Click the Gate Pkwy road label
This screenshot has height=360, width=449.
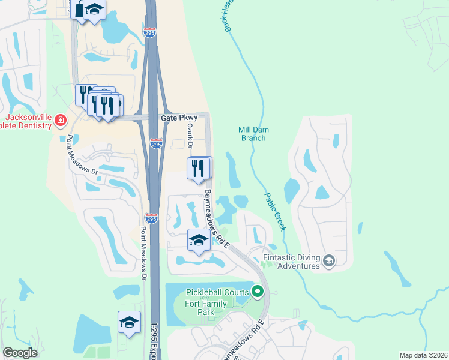click(x=179, y=118)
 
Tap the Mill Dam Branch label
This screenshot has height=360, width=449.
click(x=252, y=133)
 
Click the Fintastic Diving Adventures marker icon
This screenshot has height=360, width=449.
click(x=328, y=260)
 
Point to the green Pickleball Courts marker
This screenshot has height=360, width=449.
click(x=258, y=292)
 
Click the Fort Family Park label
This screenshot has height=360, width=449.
click(x=206, y=308)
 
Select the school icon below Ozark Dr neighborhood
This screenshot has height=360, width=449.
click(x=199, y=241)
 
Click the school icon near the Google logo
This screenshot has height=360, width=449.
click(x=129, y=322)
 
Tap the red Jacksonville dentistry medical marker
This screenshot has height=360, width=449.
click(x=60, y=121)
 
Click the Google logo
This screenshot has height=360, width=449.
click(x=20, y=353)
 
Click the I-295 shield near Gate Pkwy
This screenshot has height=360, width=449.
click(x=155, y=144)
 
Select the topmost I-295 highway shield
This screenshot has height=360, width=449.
click(x=150, y=32)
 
